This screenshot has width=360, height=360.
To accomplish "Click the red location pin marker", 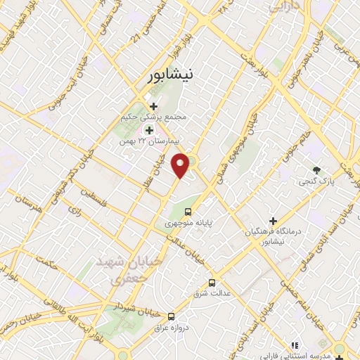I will click(x=181, y=165).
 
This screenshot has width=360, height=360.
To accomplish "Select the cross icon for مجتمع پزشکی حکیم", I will click(x=154, y=106).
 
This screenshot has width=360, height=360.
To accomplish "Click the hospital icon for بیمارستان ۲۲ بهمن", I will click(x=148, y=130).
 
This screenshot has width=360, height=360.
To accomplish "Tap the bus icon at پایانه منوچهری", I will click(x=188, y=212).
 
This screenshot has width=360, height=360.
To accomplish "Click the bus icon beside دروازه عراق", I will click(x=172, y=316).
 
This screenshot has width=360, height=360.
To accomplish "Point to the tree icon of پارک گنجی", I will click(x=316, y=169).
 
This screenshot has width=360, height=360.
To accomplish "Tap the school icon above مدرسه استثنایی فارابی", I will click(x=295, y=345).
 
